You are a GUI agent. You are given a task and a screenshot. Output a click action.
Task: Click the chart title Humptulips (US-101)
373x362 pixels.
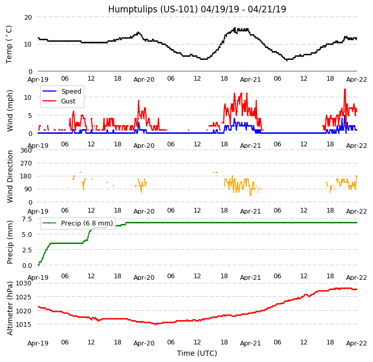click(197, 9)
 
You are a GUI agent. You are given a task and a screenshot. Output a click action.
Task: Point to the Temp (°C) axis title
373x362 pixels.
click(9, 44)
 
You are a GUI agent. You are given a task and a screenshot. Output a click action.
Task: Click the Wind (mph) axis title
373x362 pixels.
click(10, 110)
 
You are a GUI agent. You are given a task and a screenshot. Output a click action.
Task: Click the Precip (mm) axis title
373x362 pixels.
click(10, 242)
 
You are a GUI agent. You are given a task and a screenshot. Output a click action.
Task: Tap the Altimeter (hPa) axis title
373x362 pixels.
click(10, 308)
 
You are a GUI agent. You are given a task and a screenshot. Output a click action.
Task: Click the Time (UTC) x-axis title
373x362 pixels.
click(197, 353)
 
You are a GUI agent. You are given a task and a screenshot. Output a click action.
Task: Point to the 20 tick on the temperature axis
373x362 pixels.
click(28, 17)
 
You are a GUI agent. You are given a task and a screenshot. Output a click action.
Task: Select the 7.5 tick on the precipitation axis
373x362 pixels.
click(27, 219)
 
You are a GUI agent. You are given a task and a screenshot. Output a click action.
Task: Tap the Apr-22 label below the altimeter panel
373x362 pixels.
click(356, 343)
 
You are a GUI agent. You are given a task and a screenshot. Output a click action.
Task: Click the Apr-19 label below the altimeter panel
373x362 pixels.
click(38, 343)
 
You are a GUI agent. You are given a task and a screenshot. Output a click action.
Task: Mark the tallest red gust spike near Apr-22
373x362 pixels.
click(345, 89)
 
